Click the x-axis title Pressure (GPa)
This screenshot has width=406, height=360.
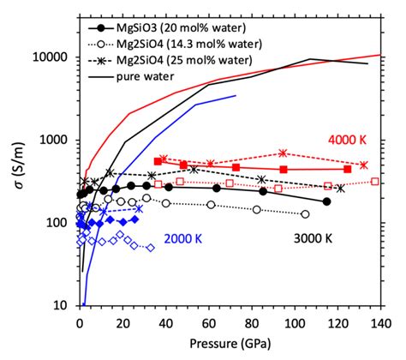coord(228,345)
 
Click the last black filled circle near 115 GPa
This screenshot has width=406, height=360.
coord(326,201)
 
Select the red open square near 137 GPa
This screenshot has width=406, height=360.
coord(375,182)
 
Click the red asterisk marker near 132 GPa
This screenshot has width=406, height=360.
coord(363,165)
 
